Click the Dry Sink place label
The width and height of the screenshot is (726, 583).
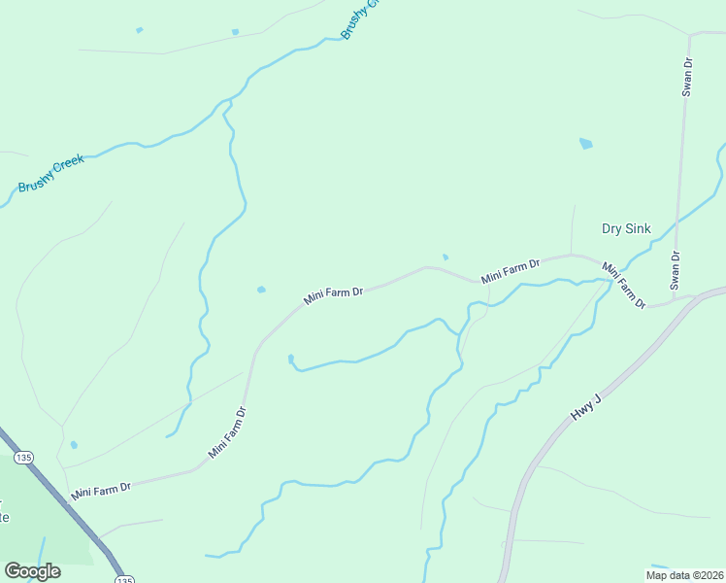[626, 229]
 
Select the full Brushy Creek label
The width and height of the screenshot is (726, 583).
[51, 173]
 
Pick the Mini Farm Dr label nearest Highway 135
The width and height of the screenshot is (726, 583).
[100, 490]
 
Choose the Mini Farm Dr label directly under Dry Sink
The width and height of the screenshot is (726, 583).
[623, 285]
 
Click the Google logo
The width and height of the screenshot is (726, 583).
[32, 571]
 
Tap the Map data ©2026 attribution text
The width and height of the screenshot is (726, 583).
[683, 574]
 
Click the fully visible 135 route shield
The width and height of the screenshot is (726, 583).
[19, 457]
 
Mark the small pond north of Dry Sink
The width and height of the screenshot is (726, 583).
[585, 144]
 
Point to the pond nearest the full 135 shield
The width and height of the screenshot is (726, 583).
[74, 445]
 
